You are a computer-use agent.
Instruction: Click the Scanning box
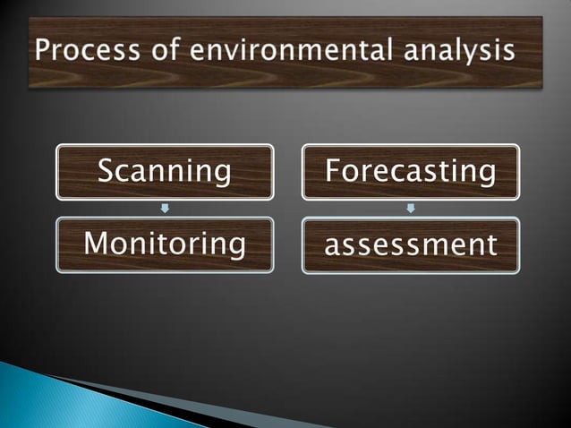pyautogui.click(x=165, y=172)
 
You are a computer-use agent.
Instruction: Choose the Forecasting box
pyautogui.click(x=411, y=172)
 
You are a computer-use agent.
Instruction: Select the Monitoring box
pyautogui.click(x=165, y=244)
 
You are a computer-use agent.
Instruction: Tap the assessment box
pyautogui.click(x=411, y=244)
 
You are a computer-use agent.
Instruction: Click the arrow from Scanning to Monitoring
pyautogui.click(x=165, y=209)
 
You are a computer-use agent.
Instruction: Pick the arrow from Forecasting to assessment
pyautogui.click(x=411, y=209)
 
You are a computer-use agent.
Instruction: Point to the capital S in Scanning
pyautogui.click(x=106, y=170)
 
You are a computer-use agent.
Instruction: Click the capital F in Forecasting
pyautogui.click(x=332, y=170)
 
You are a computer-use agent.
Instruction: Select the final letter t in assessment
pyautogui.click(x=490, y=244)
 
